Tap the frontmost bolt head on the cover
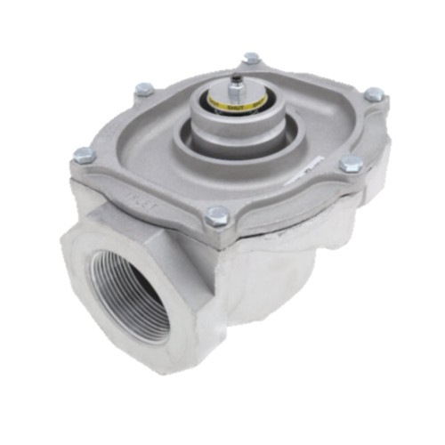(x=216, y=214)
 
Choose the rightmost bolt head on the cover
(x=375, y=93)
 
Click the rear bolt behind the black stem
(x=252, y=59)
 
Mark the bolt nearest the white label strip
(x=351, y=164)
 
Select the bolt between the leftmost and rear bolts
(x=144, y=90)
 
